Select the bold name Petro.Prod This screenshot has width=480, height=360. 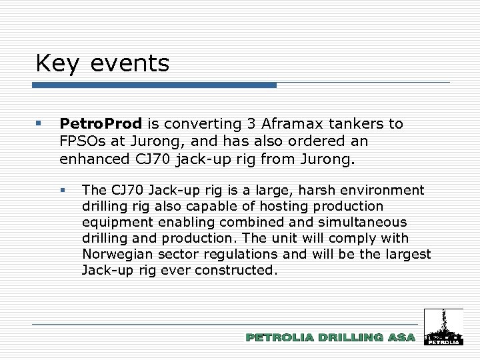pos(101,124)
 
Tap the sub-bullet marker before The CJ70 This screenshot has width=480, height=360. pos(63,191)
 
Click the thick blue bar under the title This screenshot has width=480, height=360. pos(154,85)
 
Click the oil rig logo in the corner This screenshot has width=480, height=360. pos(443,327)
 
